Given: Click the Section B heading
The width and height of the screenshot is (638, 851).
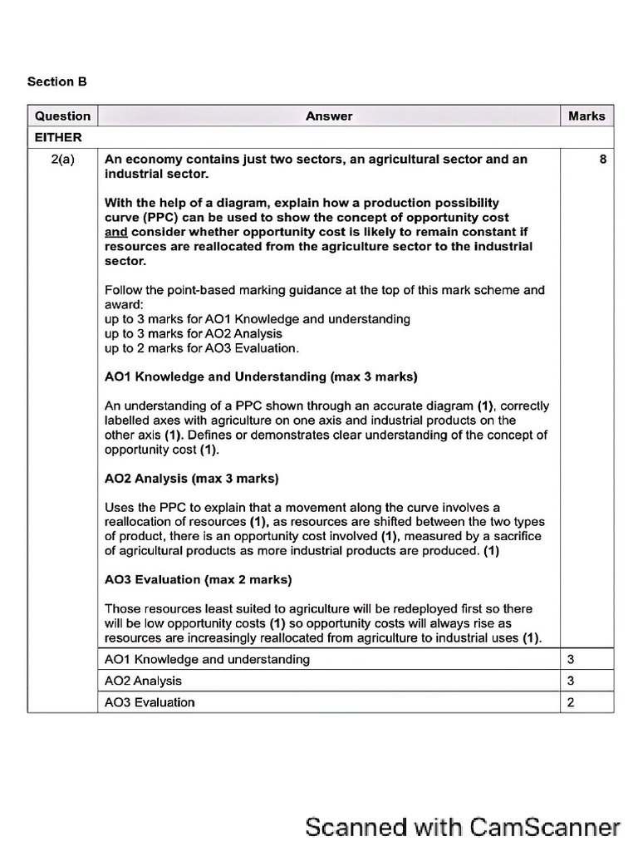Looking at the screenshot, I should (x=56, y=81).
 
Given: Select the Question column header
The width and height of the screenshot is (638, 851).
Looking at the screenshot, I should (x=62, y=116).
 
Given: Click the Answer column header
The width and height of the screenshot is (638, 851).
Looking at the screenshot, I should (x=329, y=116).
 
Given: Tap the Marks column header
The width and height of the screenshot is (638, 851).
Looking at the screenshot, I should (x=586, y=116).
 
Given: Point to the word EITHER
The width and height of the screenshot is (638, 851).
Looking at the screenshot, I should (x=57, y=137).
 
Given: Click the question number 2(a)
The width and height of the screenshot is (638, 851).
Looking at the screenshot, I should (x=62, y=160).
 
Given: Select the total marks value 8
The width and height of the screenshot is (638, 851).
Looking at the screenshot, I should (x=602, y=160).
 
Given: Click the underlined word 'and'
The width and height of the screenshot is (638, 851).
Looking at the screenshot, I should (x=115, y=232).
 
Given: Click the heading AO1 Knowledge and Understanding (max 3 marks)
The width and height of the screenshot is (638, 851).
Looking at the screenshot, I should (x=261, y=376).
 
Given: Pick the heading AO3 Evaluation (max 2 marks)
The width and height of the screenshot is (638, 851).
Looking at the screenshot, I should (x=198, y=579).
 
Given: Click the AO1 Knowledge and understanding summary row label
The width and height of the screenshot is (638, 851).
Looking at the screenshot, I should (x=207, y=659).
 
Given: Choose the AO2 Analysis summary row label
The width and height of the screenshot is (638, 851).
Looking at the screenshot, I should (x=143, y=681).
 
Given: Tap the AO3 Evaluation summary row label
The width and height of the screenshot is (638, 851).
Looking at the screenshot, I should (x=150, y=702).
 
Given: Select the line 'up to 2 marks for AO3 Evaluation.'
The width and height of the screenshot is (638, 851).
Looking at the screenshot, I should (x=202, y=348).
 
